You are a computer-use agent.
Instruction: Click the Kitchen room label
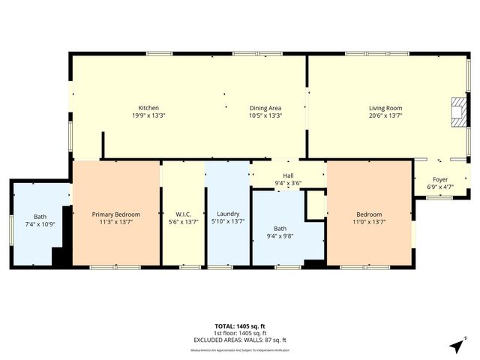pos(148,108)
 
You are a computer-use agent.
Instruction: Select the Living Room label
pos(385,108)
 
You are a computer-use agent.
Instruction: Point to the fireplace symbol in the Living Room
pos(457,112)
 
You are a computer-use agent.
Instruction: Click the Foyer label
pos(440,179)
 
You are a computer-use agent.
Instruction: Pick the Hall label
pos(288,175)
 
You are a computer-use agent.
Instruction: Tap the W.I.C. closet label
pos(182,214)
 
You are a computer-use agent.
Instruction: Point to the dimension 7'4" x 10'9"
pos(40,224)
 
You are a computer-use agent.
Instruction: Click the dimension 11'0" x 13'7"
pos(369,222)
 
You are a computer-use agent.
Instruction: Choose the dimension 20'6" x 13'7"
pos(385,115)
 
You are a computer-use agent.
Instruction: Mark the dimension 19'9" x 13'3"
pos(148,115)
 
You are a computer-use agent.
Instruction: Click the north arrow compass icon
pos(456,346)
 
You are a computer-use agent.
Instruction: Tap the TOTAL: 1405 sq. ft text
pos(239,326)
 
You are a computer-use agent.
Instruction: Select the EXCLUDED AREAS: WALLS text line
pos(239,340)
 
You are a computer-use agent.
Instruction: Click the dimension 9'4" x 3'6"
pos(288,183)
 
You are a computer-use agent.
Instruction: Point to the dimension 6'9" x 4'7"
pos(440,187)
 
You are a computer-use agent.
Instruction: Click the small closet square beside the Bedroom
pos(316,203)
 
